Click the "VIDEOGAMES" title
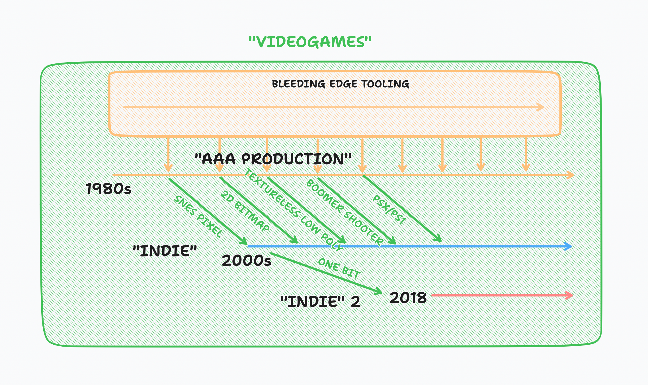310,42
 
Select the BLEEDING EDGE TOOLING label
341,84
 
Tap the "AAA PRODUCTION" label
273,159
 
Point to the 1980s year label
108,189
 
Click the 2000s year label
247,260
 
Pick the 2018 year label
408,298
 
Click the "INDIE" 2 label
320,302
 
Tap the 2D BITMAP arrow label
245,211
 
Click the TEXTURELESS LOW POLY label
294,210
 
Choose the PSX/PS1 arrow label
389,210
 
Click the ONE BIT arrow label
339,268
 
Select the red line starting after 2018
502,295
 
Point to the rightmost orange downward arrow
526,154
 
